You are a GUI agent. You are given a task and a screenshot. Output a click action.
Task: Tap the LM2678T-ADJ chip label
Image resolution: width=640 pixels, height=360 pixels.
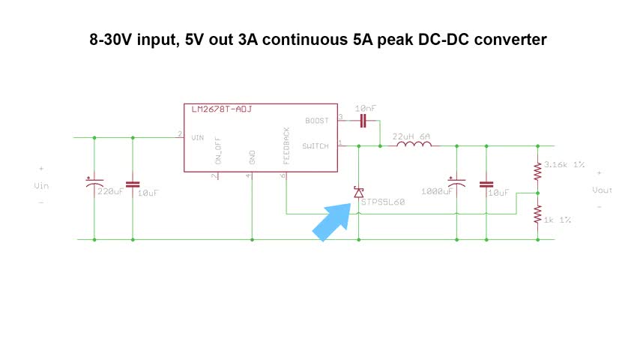click(222, 109)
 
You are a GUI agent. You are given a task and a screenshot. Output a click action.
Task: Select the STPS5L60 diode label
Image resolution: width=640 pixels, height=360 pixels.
click(383, 202)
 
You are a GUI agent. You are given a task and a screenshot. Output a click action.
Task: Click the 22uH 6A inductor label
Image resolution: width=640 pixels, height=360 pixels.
click(412, 136)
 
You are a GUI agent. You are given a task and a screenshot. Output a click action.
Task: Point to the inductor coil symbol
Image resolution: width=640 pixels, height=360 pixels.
click(411, 145)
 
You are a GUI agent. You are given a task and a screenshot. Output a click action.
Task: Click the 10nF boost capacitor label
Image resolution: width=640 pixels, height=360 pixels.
click(366, 109)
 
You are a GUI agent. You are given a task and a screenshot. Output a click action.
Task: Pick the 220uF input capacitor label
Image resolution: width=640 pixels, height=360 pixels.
click(110, 191)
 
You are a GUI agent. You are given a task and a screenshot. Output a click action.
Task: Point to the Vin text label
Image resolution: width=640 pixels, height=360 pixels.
click(41, 185)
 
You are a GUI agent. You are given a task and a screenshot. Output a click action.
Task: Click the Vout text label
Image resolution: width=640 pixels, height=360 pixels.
click(602, 190)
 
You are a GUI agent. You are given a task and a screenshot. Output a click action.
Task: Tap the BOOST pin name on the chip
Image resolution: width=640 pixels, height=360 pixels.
click(317, 120)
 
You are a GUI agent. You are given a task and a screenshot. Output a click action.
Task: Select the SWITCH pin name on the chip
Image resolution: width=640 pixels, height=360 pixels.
click(315, 145)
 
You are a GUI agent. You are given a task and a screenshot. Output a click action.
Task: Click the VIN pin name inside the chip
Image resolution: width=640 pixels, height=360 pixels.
click(198, 138)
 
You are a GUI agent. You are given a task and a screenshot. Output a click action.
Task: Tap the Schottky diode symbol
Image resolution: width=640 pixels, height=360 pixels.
click(359, 193)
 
